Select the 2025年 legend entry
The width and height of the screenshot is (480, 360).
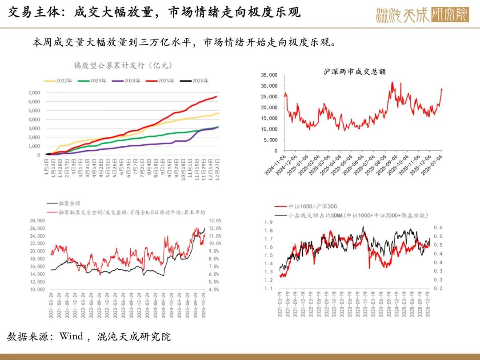click(x=163, y=81)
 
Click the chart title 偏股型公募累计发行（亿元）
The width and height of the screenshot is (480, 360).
click(x=123, y=65)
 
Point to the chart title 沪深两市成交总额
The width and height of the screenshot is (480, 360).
click(x=351, y=71)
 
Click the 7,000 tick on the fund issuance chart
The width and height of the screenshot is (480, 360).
click(x=34, y=93)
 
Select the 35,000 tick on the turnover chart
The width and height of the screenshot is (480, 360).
click(x=269, y=75)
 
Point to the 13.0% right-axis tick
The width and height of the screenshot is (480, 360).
click(x=215, y=220)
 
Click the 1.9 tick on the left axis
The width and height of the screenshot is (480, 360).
click(x=268, y=222)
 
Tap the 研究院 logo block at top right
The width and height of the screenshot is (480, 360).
click(x=450, y=15)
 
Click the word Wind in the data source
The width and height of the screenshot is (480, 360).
click(x=71, y=336)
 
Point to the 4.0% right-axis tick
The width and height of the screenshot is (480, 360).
click(x=215, y=289)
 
